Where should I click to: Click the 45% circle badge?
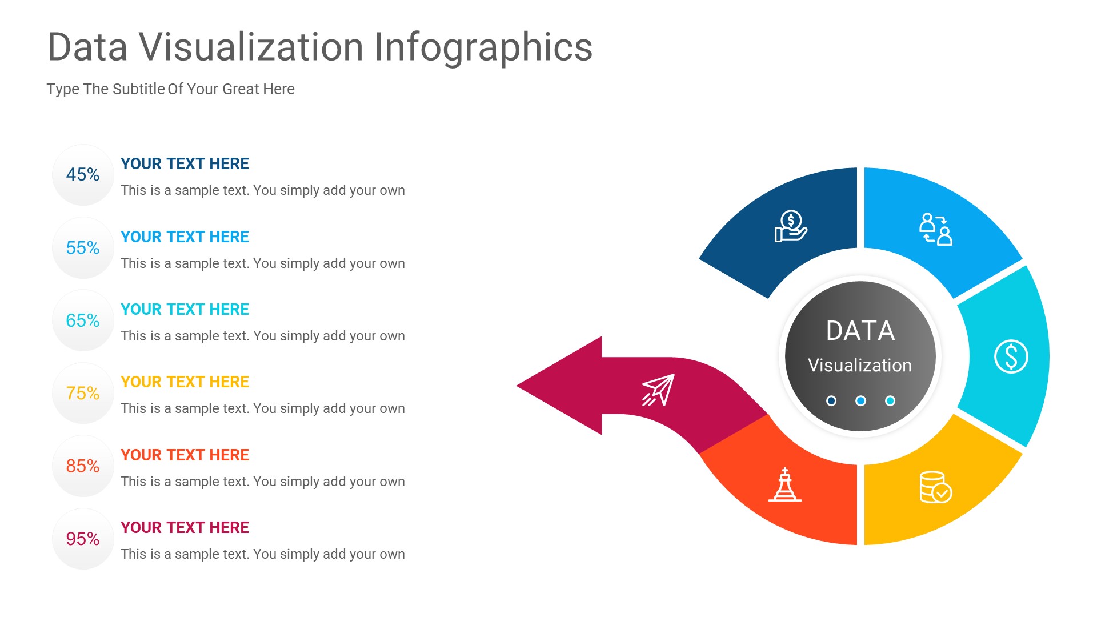[83, 175]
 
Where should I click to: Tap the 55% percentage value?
[83, 248]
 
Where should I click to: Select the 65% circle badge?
[83, 320]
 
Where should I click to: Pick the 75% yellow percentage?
[83, 393]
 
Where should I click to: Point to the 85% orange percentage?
[83, 466]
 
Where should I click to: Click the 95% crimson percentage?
[83, 539]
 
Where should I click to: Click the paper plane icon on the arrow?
[658, 390]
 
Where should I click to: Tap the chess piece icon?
[785, 485]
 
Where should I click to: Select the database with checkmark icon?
[935, 487]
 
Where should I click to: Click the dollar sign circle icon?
[1011, 356]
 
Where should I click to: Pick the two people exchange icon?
[935, 229]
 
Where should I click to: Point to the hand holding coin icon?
[791, 226]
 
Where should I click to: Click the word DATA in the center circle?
[860, 331]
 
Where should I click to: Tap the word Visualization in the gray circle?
[860, 366]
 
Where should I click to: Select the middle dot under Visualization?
[860, 401]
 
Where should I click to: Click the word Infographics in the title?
[483, 47]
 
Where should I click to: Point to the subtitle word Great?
[241, 89]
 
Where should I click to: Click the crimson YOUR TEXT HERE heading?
[185, 527]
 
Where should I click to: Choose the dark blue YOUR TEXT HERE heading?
[185, 164]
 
